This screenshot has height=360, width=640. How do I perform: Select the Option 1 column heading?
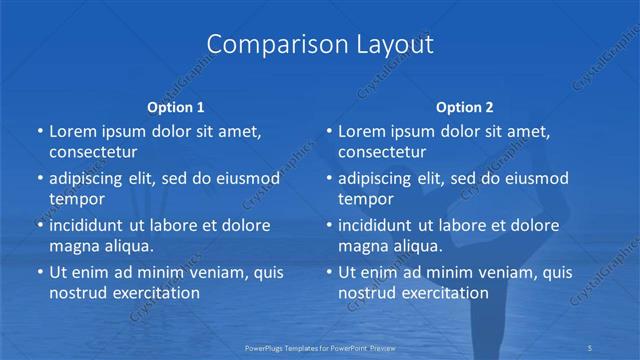176,106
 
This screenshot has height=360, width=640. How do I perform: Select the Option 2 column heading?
465,106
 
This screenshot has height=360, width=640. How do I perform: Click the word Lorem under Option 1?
73,132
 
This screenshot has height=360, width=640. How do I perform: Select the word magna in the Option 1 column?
73,245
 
